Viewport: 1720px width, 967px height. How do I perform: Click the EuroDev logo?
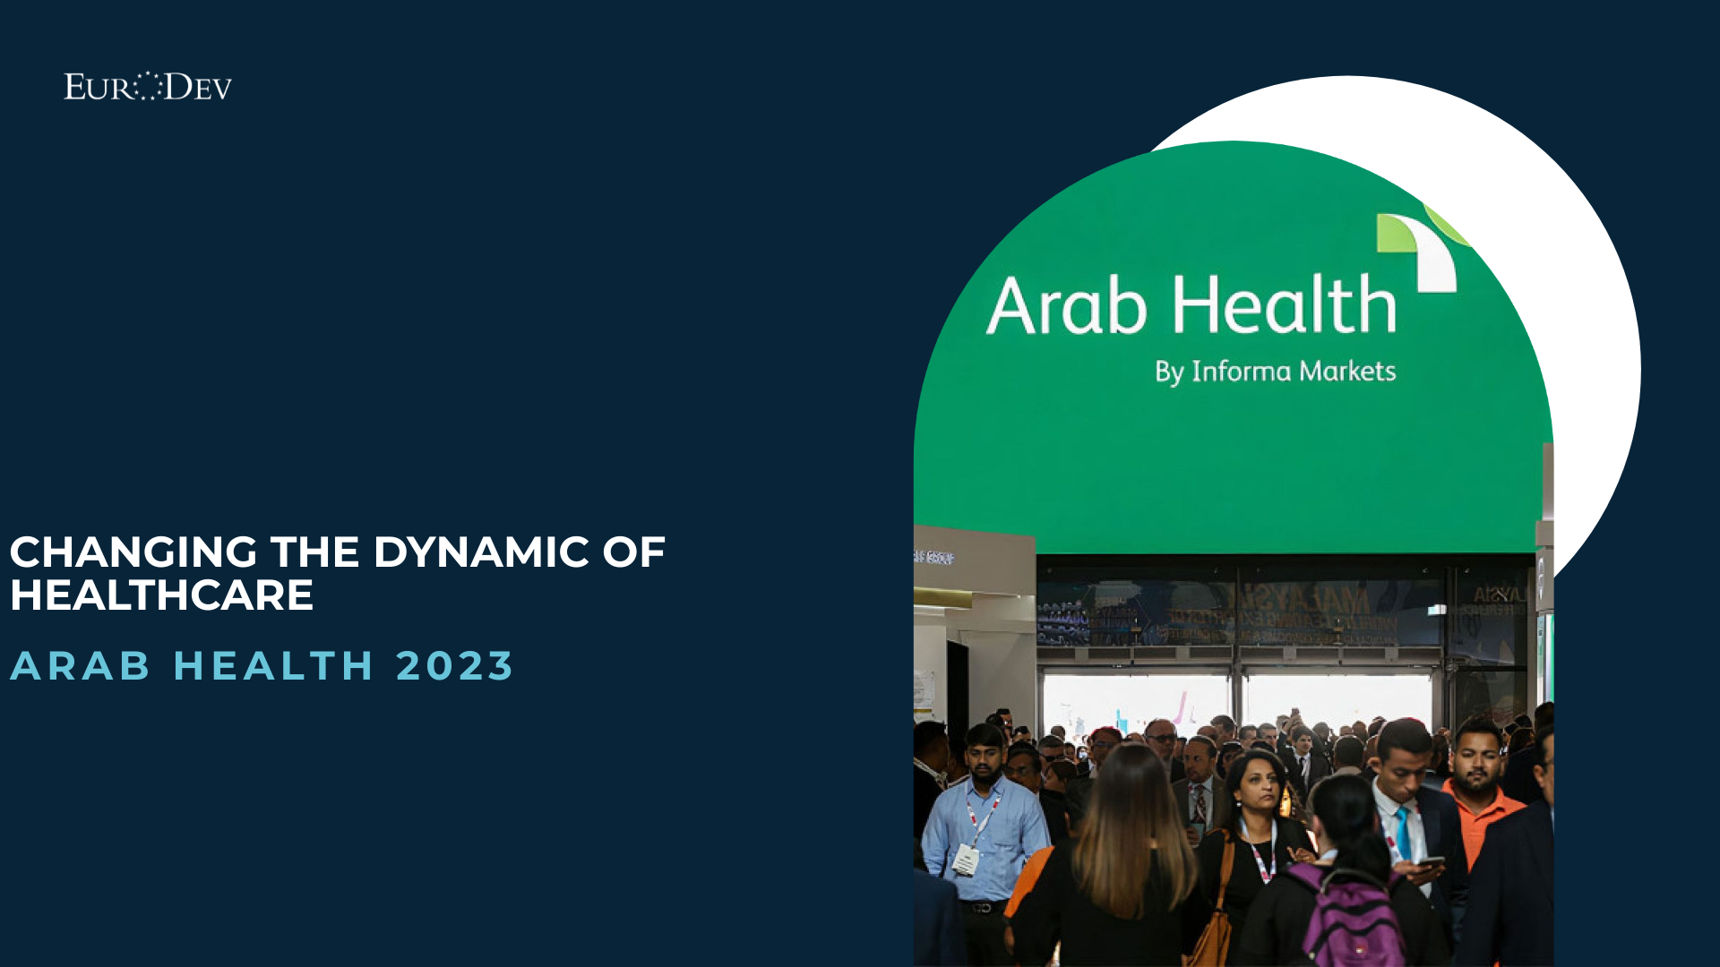(148, 87)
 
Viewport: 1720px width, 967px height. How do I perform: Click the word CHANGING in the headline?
(134, 552)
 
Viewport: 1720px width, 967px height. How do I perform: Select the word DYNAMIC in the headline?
(481, 552)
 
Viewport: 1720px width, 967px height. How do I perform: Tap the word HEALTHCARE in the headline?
(162, 595)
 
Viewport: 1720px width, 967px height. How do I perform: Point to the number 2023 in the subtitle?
(454, 666)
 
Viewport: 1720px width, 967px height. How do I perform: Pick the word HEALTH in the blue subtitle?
(273, 666)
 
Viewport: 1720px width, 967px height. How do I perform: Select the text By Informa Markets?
(1275, 372)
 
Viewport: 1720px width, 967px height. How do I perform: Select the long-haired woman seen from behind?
(1124, 860)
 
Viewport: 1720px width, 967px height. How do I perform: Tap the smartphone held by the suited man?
(1430, 863)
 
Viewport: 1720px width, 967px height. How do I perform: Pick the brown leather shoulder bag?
(1214, 931)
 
